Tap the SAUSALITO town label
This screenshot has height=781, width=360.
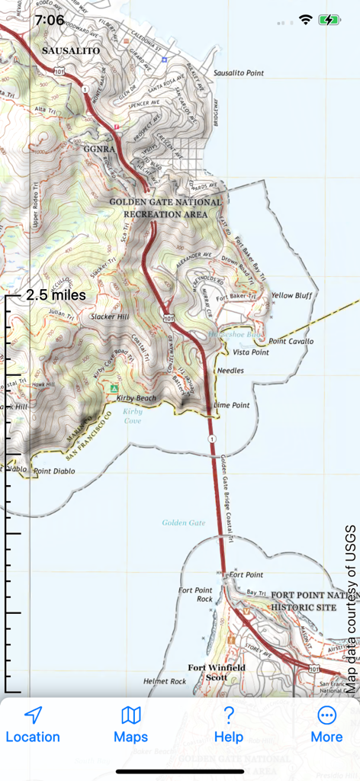click(x=71, y=50)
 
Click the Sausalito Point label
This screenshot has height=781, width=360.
click(x=239, y=73)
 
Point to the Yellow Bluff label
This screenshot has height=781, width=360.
click(x=292, y=295)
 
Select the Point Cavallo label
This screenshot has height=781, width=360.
click(x=291, y=341)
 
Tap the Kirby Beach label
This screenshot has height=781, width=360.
click(x=137, y=398)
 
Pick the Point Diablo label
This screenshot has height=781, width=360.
click(x=54, y=471)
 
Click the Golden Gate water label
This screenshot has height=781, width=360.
click(x=184, y=522)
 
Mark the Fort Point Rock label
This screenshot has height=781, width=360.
click(x=195, y=594)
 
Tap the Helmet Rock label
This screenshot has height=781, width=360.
click(x=164, y=681)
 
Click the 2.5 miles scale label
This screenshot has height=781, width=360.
click(x=55, y=295)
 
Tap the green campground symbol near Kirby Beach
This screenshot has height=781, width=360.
click(x=114, y=388)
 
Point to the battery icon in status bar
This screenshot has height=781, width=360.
click(x=329, y=20)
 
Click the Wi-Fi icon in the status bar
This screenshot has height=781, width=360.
click(x=306, y=20)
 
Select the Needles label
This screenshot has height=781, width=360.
click(x=230, y=370)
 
